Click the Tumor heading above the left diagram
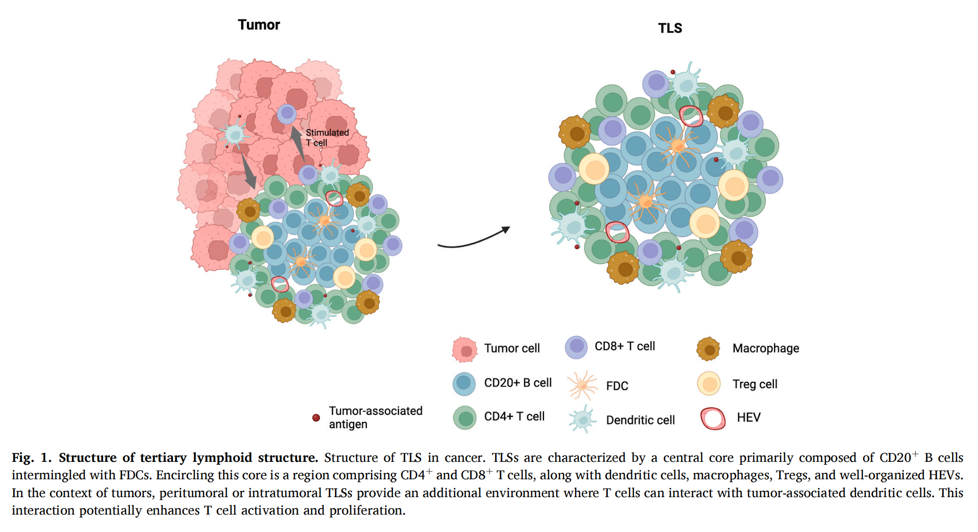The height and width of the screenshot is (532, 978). pyautogui.click(x=259, y=25)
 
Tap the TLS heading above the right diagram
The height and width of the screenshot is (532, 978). pyautogui.click(x=669, y=28)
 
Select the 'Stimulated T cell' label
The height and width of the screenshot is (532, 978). pyautogui.click(x=327, y=137)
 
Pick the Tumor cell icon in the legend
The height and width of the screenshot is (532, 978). pyautogui.click(x=465, y=349)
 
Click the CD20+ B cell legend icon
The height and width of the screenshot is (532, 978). pyautogui.click(x=464, y=384)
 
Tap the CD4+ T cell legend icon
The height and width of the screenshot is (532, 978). pyautogui.click(x=465, y=418)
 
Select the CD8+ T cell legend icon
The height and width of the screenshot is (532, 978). pyautogui.click(x=576, y=347)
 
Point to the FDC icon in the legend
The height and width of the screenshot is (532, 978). pyautogui.click(x=583, y=385)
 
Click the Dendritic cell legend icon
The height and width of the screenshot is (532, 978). pyautogui.click(x=582, y=419)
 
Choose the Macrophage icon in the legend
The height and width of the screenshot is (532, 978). pyautogui.click(x=709, y=349)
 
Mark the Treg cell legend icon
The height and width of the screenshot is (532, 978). pyautogui.click(x=709, y=384)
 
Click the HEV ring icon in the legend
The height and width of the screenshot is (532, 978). pyautogui.click(x=713, y=418)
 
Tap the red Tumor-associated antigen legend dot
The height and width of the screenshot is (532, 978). pyautogui.click(x=316, y=418)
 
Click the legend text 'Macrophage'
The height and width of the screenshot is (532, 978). pyautogui.click(x=766, y=348)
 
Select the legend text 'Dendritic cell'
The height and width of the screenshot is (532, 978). pyautogui.click(x=640, y=420)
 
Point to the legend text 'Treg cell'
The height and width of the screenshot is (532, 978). pyautogui.click(x=755, y=384)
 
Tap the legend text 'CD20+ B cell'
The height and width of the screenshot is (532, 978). pyautogui.click(x=518, y=383)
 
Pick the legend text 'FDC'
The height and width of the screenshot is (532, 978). pyautogui.click(x=617, y=386)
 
